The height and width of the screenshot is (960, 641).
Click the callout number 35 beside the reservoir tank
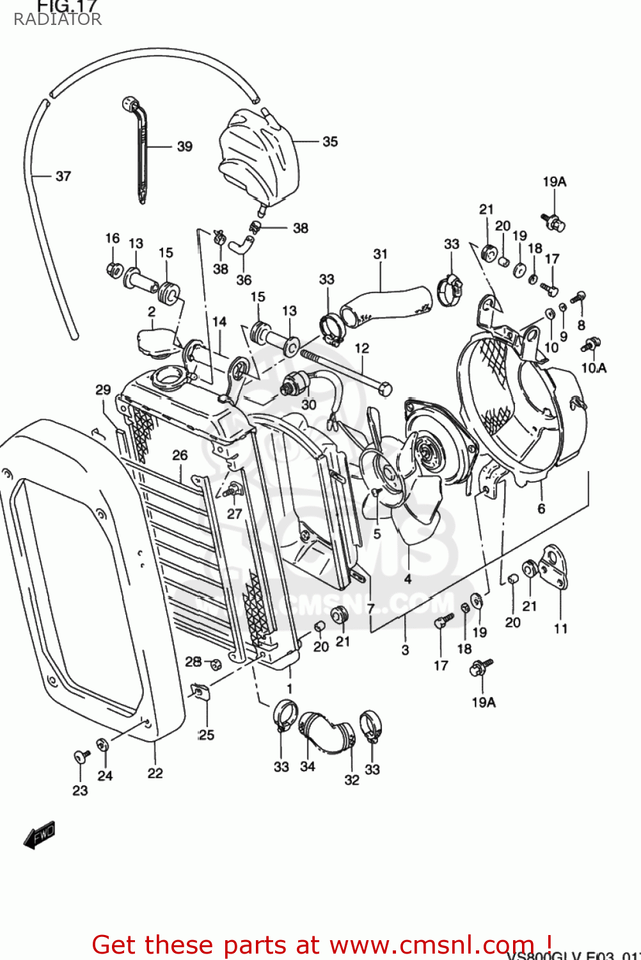[x=329, y=141]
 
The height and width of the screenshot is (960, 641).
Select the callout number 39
[x=184, y=147]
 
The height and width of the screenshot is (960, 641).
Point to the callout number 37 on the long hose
[x=63, y=176]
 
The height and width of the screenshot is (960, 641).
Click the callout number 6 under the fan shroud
[x=541, y=508]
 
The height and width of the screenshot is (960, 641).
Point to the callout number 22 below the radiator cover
[x=155, y=773]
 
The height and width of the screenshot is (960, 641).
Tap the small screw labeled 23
[x=81, y=757]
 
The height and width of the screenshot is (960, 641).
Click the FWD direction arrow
[x=40, y=835]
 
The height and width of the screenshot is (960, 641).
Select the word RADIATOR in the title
[x=58, y=19]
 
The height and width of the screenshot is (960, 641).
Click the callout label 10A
[x=594, y=368]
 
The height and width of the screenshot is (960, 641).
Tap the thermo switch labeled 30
[x=296, y=385]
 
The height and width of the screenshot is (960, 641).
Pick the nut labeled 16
[x=115, y=269]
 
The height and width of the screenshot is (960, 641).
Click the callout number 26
[x=180, y=455]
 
